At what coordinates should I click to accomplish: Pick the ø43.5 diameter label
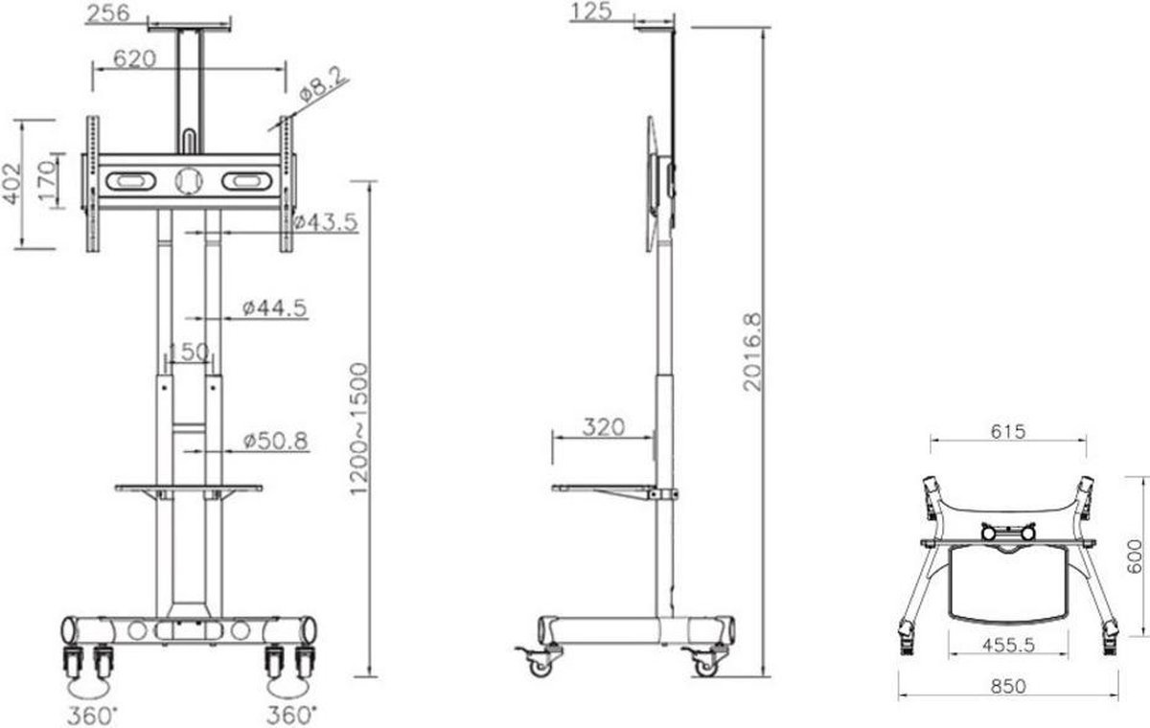click(x=326, y=222)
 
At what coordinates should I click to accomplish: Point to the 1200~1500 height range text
click(x=358, y=428)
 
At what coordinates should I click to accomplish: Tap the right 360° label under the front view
click(x=290, y=715)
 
